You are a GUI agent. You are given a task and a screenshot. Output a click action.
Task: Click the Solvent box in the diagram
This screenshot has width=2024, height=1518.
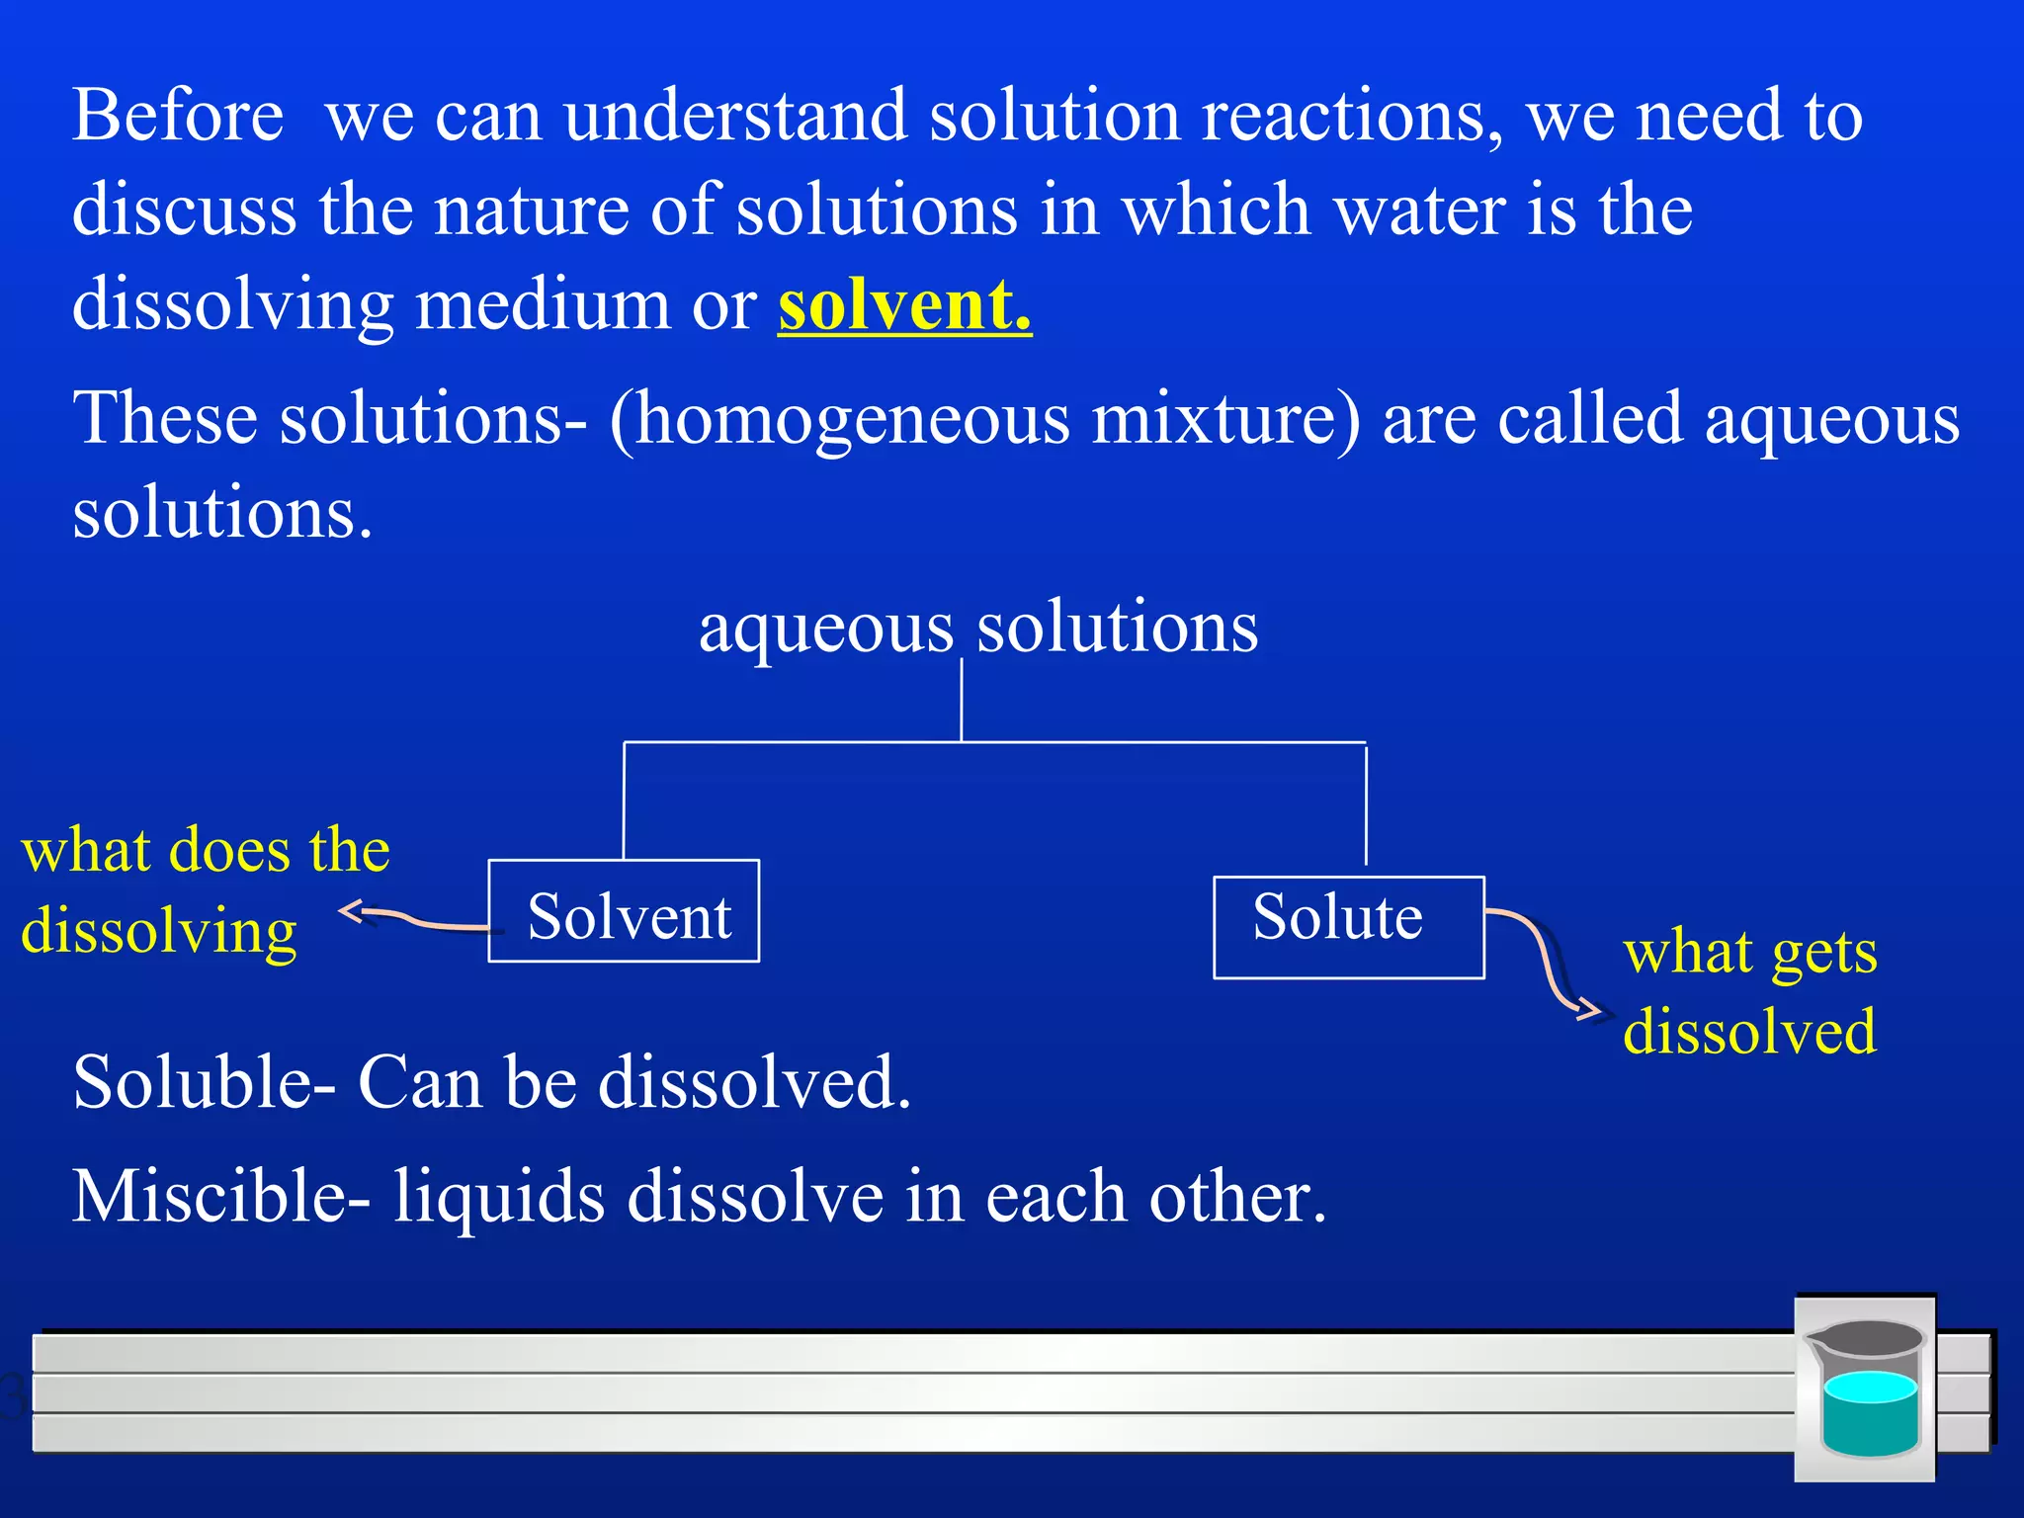pyautogui.click(x=624, y=911)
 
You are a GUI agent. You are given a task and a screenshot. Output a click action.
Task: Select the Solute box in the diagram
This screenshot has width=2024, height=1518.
pyautogui.click(x=1348, y=927)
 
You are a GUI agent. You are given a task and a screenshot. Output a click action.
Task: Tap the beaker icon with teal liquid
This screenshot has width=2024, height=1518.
pyautogui.click(x=1865, y=1389)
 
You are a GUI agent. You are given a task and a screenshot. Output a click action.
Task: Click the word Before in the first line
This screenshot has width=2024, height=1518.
pyautogui.click(x=178, y=116)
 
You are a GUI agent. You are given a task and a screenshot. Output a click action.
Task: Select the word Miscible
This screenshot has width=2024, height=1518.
pyautogui.click(x=208, y=1196)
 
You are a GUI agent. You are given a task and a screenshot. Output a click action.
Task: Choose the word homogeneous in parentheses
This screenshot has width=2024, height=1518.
pyautogui.click(x=850, y=418)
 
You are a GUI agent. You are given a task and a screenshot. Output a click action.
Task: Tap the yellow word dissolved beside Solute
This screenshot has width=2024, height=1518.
pyautogui.click(x=1749, y=1032)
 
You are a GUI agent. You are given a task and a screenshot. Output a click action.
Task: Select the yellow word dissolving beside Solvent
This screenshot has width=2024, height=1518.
pyautogui.click(x=158, y=931)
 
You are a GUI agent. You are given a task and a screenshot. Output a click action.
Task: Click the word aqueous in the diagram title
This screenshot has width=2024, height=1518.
pyautogui.click(x=825, y=629)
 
